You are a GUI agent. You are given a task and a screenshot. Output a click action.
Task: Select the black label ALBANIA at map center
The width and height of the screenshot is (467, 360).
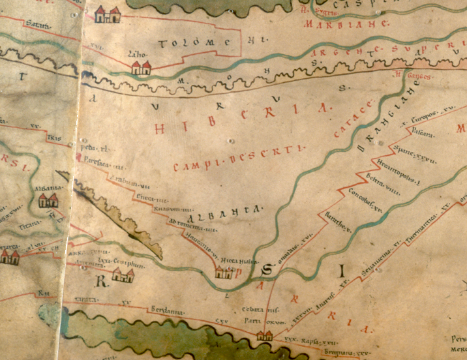[x=226, y=211]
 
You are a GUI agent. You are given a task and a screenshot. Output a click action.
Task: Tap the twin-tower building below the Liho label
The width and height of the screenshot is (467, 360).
[x=141, y=67]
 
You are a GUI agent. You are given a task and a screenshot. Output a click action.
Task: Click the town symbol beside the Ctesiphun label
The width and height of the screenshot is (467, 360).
[x=122, y=275]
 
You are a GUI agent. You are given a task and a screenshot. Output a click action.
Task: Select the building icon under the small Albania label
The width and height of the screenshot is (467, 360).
[x=48, y=200]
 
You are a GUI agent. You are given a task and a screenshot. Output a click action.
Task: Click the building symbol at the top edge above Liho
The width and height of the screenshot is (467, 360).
[x=108, y=14]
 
